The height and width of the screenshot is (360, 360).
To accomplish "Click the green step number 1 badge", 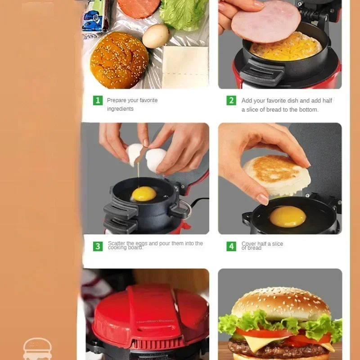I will tap(98, 100).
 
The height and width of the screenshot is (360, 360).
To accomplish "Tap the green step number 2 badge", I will tap(231, 100).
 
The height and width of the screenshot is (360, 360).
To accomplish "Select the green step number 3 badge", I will tap(98, 246).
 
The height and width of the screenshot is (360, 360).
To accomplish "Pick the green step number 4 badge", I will tap(231, 246).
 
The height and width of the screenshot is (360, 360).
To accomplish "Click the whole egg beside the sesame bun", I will tap(155, 36).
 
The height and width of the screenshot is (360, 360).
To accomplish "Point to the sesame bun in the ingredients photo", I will tap(119, 60).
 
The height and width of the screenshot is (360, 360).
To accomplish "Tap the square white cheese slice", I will tap(185, 66).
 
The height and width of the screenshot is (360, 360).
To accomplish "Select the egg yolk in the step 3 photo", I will tap(144, 193).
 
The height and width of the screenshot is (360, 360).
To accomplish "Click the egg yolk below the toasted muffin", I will tap(288, 216).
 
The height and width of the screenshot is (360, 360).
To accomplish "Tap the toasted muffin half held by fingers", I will tap(276, 174).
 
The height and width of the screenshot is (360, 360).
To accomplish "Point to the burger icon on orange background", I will tap(37, 349).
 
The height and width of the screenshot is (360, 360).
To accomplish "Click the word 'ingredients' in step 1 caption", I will tap(120, 109).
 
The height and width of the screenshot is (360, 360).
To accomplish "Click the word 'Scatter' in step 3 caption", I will tap(117, 243).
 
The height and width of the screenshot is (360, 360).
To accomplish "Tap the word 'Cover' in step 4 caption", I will tap(249, 244).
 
